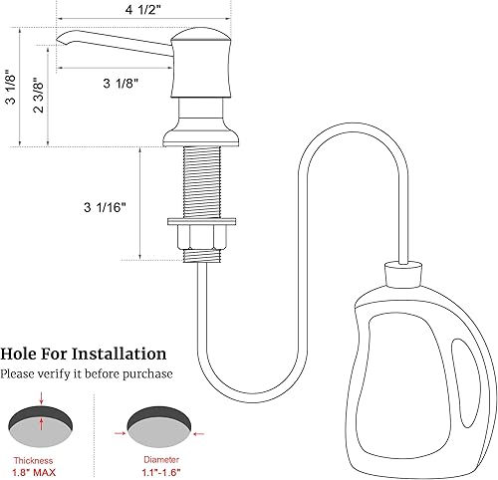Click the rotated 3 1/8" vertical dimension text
(x=11, y=91)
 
